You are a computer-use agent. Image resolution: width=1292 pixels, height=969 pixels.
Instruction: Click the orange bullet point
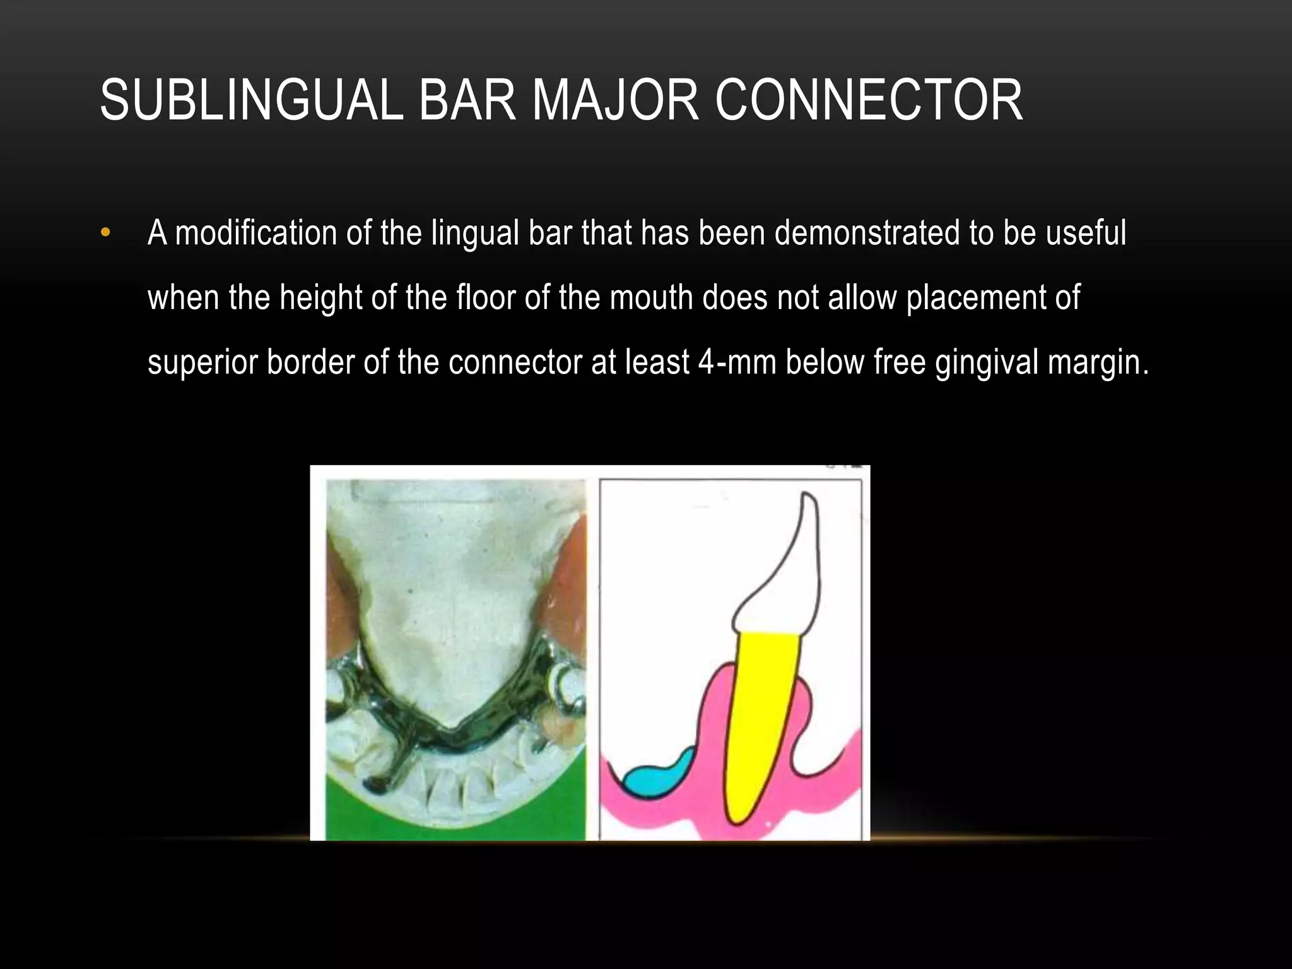(105, 233)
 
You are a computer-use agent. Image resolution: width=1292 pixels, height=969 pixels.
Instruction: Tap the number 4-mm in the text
(736, 363)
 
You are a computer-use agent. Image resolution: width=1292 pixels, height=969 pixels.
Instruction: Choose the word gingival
(986, 363)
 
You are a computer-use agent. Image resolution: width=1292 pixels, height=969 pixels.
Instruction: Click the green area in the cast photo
(454, 820)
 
